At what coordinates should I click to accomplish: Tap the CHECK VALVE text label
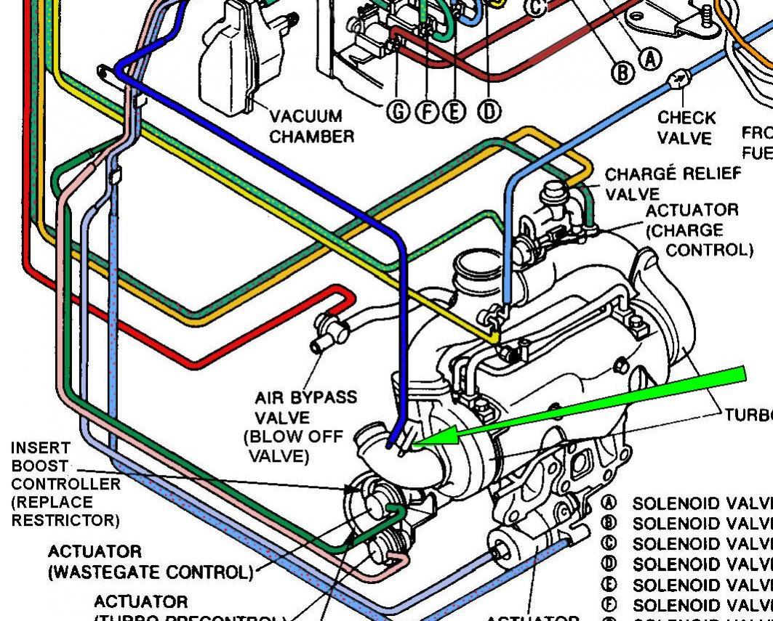(686, 127)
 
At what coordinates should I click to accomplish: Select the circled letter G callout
(398, 110)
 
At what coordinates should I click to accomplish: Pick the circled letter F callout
(425, 110)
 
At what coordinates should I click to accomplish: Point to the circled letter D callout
(489, 110)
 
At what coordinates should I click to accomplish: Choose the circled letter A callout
(651, 58)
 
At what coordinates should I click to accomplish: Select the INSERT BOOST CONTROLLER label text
(65, 484)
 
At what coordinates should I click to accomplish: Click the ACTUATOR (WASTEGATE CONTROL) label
(149, 562)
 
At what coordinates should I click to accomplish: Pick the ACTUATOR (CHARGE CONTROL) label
(699, 230)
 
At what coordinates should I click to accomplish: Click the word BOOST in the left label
(40, 466)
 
